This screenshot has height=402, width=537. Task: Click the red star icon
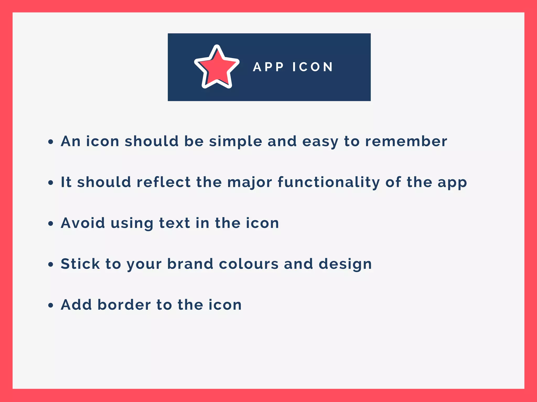(217, 68)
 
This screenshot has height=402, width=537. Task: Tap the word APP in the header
(268, 67)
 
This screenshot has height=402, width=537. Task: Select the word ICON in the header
(313, 67)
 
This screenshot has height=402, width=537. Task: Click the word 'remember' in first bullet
(406, 142)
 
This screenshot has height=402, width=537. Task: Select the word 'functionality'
(329, 182)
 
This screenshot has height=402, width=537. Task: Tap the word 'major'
(250, 182)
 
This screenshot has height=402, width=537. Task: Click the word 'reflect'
(164, 182)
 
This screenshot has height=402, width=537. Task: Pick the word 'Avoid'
(83, 223)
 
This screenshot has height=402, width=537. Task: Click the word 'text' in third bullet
(174, 223)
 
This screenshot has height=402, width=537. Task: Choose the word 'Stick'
(80, 264)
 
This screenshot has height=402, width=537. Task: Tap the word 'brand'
(190, 264)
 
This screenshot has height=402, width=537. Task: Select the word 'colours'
(249, 264)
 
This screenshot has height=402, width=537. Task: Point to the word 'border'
(124, 305)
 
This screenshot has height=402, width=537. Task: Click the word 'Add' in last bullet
(76, 305)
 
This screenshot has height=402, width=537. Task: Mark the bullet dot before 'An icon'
(51, 142)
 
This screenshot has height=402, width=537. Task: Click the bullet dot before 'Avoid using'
(51, 224)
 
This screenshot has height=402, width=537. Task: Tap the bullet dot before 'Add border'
(51, 305)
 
